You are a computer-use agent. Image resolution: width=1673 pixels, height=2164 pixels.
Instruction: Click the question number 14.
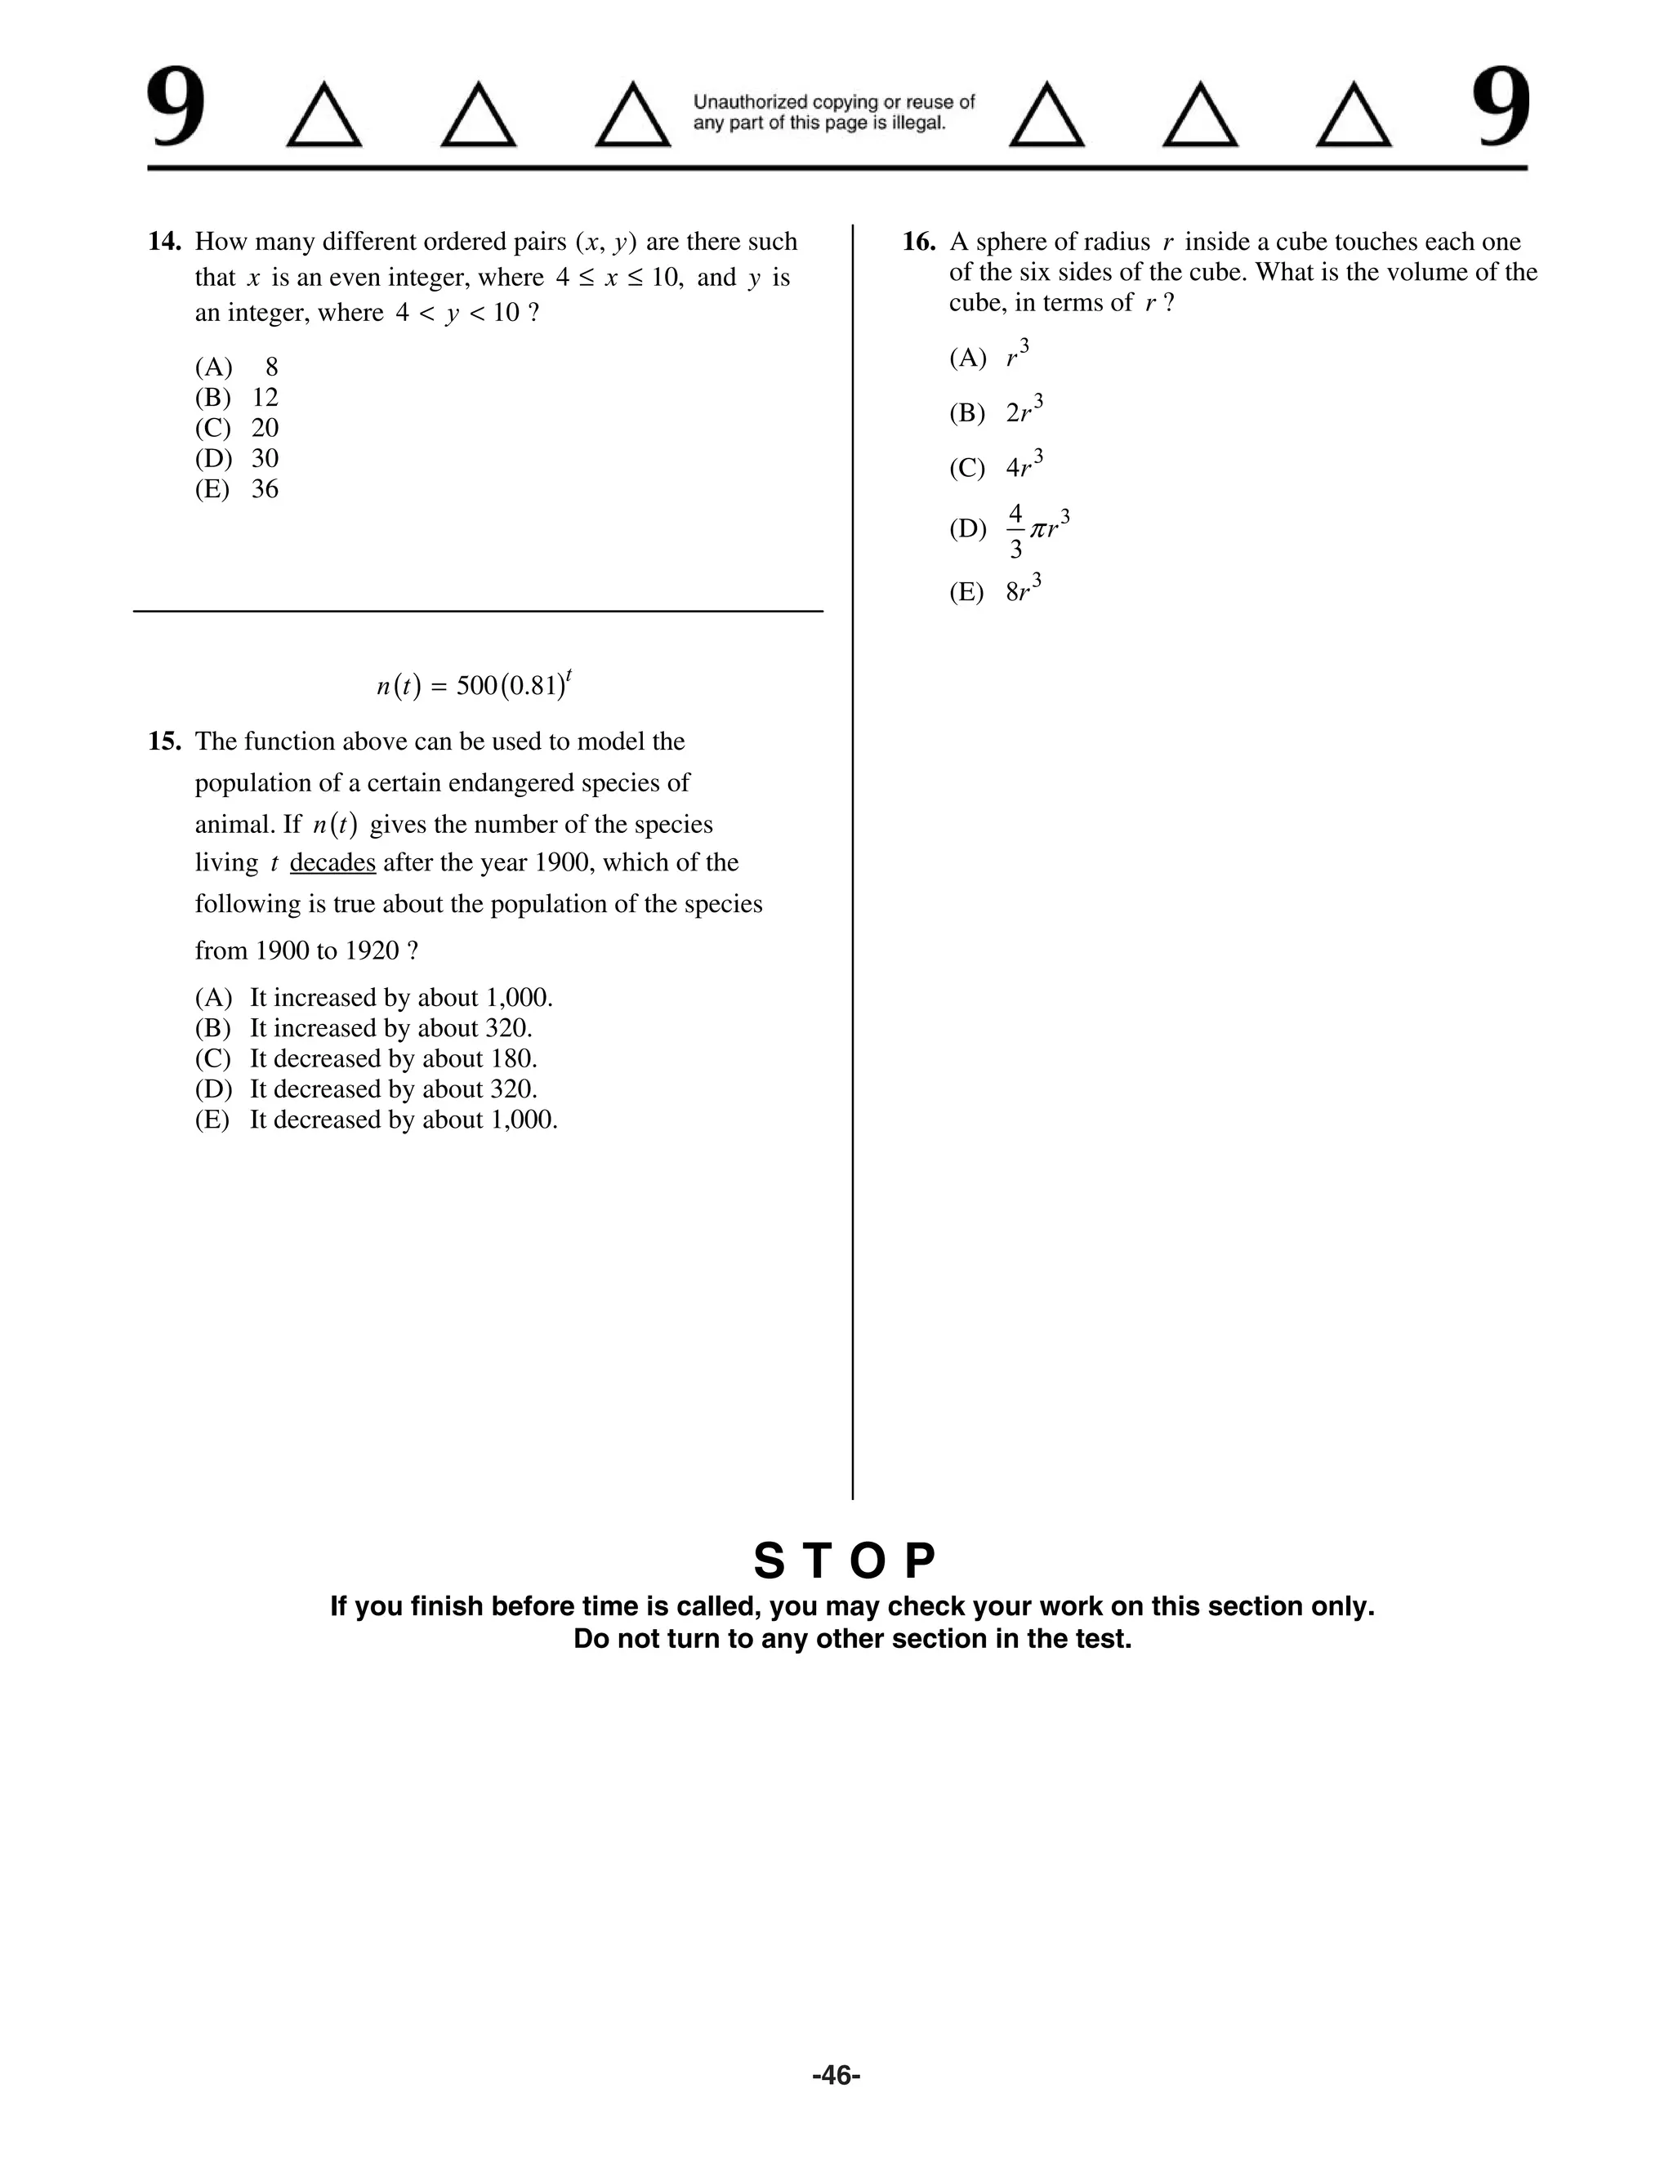pos(163,242)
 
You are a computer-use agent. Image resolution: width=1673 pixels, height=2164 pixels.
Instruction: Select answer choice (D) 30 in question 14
pos(237,459)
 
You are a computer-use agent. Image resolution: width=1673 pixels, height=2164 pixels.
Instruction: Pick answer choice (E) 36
pos(237,489)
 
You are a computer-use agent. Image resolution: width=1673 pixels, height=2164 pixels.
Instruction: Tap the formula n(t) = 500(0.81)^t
pos(474,684)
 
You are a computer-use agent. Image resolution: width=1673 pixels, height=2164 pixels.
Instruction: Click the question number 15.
pos(163,741)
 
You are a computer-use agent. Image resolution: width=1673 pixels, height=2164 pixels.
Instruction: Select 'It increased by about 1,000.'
pos(400,998)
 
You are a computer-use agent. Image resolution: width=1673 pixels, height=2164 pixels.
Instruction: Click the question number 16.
pos(919,242)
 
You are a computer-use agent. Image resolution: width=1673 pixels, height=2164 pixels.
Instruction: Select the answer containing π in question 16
pos(1036,530)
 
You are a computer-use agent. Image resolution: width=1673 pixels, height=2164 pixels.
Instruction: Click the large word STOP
pos(845,1562)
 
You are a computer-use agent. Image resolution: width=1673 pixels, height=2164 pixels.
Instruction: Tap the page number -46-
pos(836,2075)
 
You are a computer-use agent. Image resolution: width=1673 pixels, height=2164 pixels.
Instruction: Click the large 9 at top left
pos(176,109)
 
